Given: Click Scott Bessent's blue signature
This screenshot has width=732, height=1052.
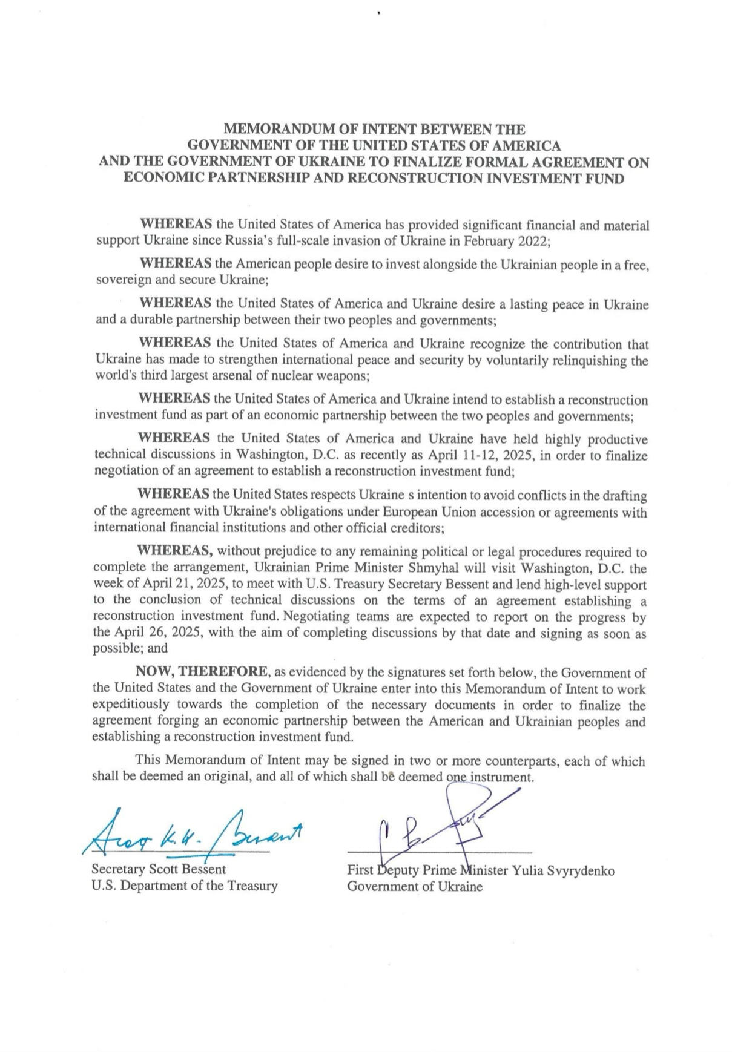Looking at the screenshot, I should click(194, 833).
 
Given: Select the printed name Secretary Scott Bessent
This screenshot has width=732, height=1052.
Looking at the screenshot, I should click(159, 869).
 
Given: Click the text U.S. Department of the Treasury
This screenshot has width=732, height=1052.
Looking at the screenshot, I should click(184, 886).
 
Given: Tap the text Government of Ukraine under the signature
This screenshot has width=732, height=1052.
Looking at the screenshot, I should click(415, 887).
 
